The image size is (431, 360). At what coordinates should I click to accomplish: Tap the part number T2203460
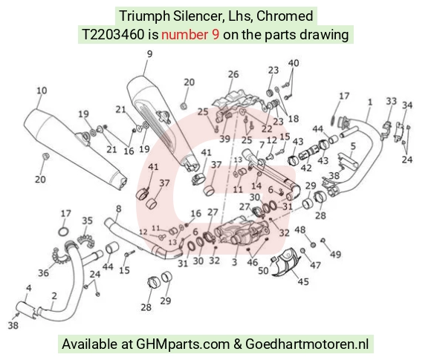tap(113, 35)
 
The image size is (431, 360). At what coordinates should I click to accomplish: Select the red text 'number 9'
tap(190, 35)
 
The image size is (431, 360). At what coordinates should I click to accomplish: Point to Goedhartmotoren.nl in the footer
tap(307, 344)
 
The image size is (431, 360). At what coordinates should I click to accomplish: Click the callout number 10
tap(42, 91)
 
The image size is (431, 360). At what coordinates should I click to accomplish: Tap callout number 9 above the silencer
tap(149, 54)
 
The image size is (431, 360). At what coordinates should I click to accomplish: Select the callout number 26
tap(233, 74)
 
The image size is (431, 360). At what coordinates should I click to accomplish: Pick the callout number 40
tap(294, 63)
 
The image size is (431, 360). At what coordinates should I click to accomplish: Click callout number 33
tap(392, 101)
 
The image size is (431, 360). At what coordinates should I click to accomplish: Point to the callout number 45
tap(303, 281)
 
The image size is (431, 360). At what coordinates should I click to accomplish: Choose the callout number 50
tap(263, 270)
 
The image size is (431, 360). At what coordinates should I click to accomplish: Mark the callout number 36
tap(43, 272)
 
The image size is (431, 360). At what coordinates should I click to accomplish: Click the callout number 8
tap(118, 209)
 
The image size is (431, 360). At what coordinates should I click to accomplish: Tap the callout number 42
tap(306, 168)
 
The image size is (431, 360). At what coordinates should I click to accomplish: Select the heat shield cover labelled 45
tap(288, 262)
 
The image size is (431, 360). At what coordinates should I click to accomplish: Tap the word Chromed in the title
tap(285, 16)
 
